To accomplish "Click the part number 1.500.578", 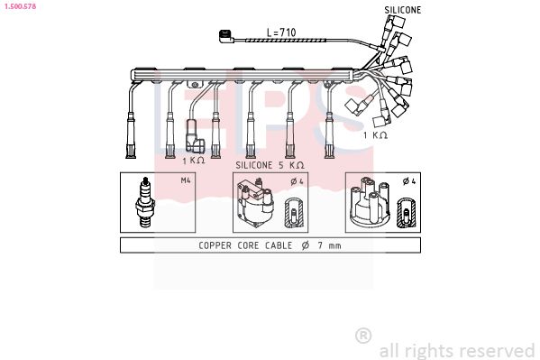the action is [20, 6].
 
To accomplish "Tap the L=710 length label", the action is [281, 32].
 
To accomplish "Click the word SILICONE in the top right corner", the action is [403, 10].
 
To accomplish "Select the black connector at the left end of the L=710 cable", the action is [226, 37].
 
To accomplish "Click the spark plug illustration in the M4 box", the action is [144, 202].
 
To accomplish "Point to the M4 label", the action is [186, 180].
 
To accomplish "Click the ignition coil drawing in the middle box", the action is [255, 202].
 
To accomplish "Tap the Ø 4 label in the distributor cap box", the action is [409, 181].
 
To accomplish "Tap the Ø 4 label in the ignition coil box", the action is [297, 181].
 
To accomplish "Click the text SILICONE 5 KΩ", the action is [270, 165].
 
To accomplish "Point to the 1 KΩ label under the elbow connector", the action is [194, 161].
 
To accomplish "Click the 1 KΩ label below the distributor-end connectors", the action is [375, 135].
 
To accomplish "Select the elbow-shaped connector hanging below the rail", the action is [194, 136].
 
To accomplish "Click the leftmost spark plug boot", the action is [131, 135].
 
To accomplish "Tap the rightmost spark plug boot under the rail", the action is [330, 135].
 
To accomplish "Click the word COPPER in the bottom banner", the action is [215, 245].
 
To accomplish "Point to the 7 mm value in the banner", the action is [329, 245].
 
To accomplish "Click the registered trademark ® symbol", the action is [363, 336].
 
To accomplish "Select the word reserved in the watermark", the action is [498, 350].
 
